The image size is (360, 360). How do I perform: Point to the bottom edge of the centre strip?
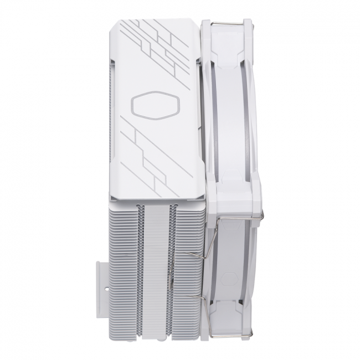point(156,336)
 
